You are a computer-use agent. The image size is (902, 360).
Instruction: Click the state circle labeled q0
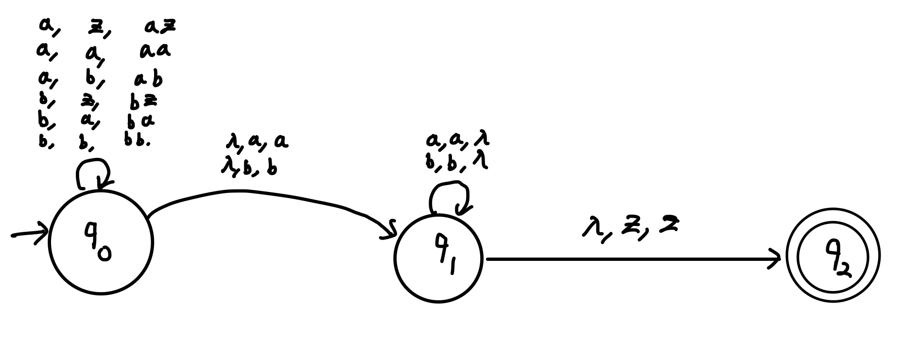tap(101, 242)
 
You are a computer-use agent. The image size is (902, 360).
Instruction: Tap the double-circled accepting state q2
tap(833, 255)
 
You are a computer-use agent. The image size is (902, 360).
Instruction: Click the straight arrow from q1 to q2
tap(632, 259)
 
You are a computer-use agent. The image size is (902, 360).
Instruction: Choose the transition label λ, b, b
tap(249, 168)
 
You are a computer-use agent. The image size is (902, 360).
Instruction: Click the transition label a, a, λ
tap(457, 140)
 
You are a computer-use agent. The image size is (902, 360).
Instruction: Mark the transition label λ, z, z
tap(630, 227)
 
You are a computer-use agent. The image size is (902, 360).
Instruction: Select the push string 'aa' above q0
tap(155, 51)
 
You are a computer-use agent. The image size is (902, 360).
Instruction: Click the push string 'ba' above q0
tap(141, 121)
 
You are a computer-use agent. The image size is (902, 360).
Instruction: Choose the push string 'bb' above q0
tap(137, 141)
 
